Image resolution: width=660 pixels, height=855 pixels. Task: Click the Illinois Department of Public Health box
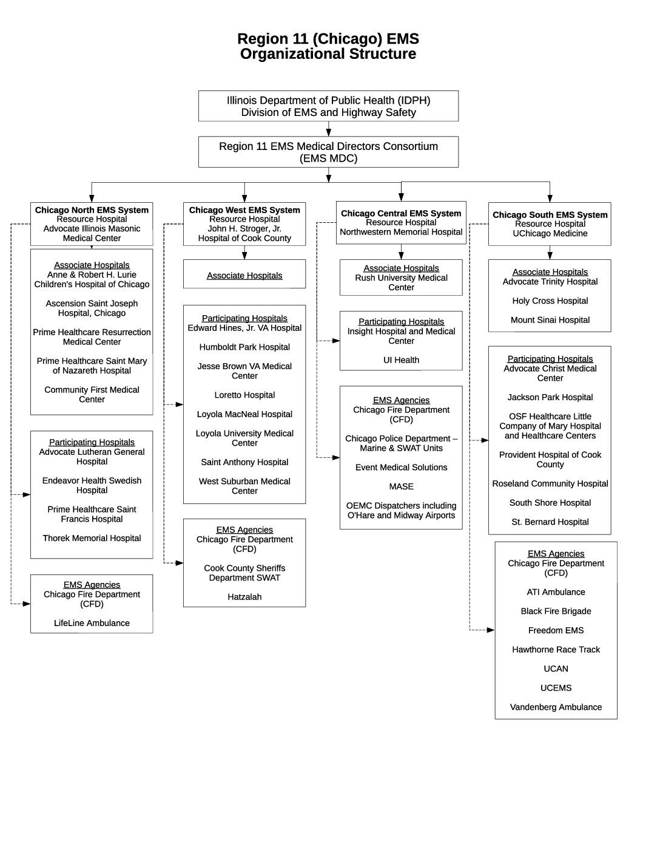coord(328,106)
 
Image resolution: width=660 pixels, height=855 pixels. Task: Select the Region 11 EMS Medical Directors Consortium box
coord(328,152)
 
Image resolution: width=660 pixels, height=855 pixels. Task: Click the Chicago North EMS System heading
coord(92,210)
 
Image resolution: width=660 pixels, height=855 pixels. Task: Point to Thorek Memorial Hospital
coord(92,538)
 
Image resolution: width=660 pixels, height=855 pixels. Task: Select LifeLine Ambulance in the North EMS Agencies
coord(92,623)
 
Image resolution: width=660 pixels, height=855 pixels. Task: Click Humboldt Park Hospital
coord(244,347)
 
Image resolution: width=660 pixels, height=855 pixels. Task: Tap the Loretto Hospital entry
coord(244,395)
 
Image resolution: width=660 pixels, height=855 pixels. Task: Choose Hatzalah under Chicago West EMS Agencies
coord(244,597)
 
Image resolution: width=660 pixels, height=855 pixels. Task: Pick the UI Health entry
coord(401,360)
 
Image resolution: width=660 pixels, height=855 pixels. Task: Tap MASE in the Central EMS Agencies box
coord(401,486)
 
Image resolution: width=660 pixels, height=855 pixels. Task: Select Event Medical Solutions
coord(401,468)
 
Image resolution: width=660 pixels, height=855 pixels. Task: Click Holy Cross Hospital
coord(550,301)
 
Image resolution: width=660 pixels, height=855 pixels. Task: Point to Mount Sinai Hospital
coord(550,320)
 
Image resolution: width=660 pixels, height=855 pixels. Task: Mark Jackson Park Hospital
coord(550,397)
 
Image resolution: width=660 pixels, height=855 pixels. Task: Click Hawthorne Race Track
coord(556,650)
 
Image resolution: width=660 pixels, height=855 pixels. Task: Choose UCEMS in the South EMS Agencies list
coord(556,688)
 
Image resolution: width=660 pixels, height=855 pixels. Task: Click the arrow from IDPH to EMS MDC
coord(328,129)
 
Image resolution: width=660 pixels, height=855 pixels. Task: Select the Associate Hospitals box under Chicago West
coord(244,275)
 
